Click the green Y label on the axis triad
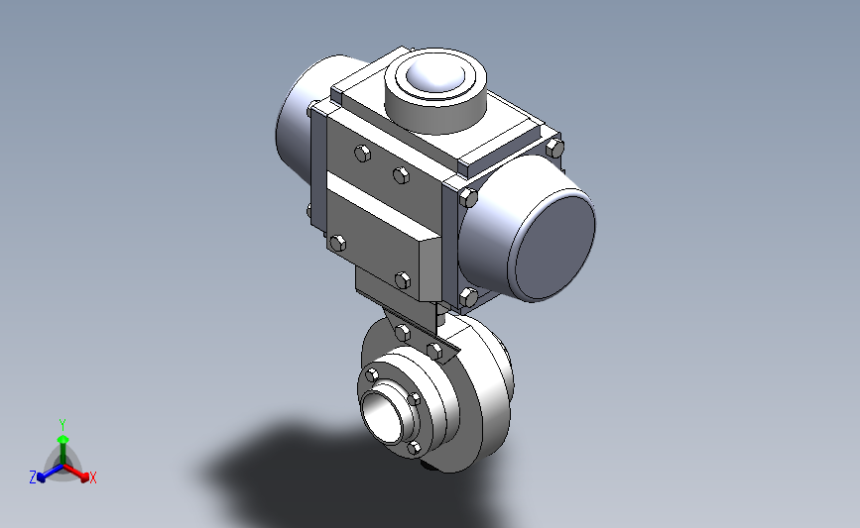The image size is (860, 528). pos(62,425)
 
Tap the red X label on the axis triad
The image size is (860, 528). pos(92,477)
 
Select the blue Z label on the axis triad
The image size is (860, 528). pos(33,477)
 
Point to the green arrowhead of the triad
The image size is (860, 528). pos(63,439)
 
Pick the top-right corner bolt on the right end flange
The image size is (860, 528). pos(554,148)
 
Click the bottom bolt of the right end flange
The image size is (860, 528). pos(468,297)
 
